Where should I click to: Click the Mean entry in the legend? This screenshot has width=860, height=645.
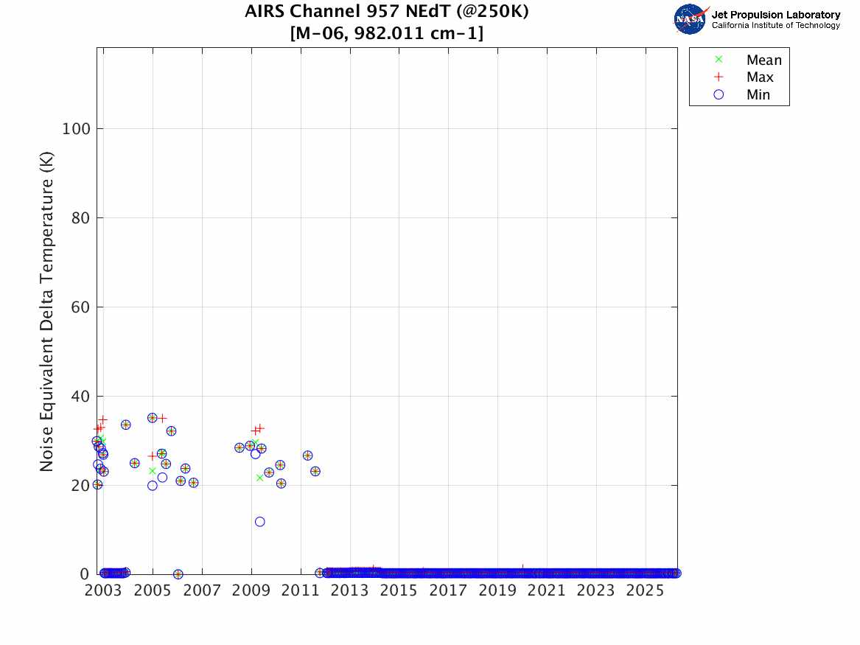(x=763, y=60)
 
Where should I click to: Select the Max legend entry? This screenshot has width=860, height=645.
(x=760, y=77)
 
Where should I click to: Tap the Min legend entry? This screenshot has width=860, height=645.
(x=758, y=94)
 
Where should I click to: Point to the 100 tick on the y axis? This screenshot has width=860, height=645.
(x=76, y=129)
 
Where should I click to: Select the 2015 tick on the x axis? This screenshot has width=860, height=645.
(x=399, y=590)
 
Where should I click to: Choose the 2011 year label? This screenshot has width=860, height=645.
(x=300, y=590)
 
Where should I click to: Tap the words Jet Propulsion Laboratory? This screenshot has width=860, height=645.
(x=775, y=14)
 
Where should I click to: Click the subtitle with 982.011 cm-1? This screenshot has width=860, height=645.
(x=387, y=33)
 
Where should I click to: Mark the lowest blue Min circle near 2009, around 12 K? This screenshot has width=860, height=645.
(x=260, y=522)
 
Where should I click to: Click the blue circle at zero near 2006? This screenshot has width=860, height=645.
(x=178, y=574)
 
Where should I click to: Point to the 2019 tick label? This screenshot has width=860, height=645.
(x=497, y=590)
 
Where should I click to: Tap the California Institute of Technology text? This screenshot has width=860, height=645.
(x=775, y=25)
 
